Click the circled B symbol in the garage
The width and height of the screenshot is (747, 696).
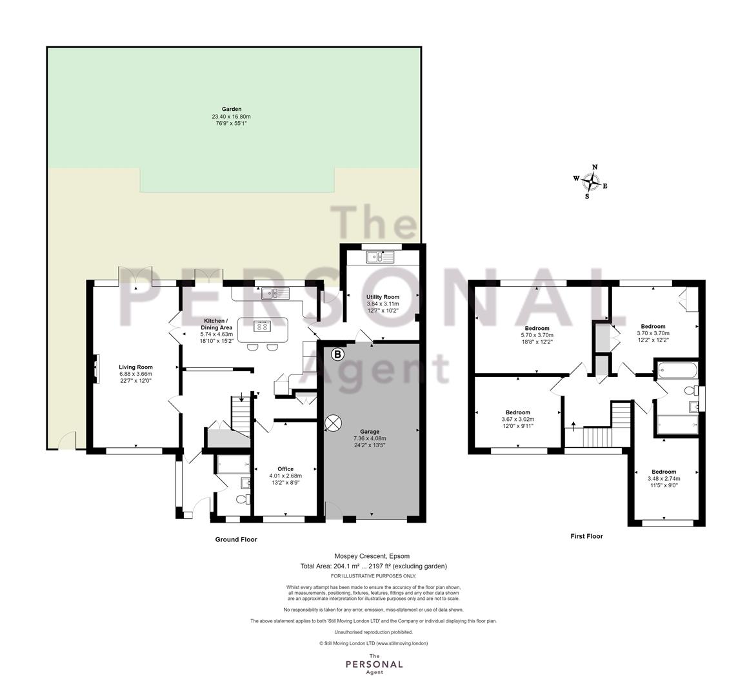point(337,354)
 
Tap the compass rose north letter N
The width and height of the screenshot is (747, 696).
point(595,167)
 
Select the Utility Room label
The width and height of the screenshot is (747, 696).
point(383,297)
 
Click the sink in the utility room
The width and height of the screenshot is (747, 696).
point(380,257)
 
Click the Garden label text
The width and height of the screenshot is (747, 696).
point(232,109)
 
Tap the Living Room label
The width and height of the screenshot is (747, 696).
point(135,367)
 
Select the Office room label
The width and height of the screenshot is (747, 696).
point(286,469)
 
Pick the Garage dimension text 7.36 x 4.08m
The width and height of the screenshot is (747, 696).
point(370,438)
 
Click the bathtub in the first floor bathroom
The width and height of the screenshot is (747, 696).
point(677,370)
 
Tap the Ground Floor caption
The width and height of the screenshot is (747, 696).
point(236,539)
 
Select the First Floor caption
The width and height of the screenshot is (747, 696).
point(587,536)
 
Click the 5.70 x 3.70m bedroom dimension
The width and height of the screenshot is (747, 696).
point(537,335)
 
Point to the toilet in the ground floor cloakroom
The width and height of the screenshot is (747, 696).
point(243,500)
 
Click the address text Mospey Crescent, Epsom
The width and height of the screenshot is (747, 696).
point(372,556)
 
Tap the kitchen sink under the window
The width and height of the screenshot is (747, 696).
point(275,293)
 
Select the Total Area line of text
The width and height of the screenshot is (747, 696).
point(373,566)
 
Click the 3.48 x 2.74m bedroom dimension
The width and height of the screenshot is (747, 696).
point(664,479)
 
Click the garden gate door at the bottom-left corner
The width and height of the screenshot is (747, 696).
point(66,440)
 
